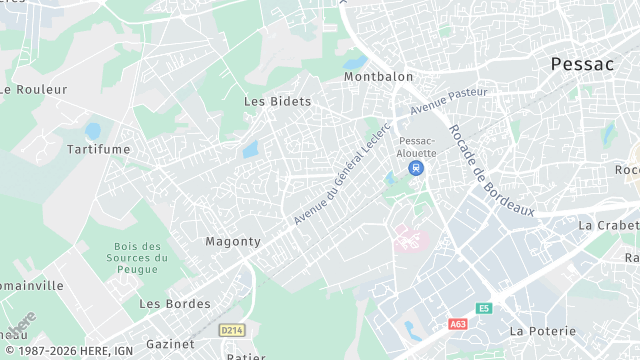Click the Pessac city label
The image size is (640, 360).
click(x=582, y=64)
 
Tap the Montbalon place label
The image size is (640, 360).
click(x=378, y=77)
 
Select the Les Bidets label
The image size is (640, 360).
click(x=278, y=101)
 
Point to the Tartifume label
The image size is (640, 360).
click(x=98, y=149)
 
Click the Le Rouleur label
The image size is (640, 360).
click(x=34, y=89)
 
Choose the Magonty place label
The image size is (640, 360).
click(x=233, y=241)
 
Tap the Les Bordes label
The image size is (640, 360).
click(x=175, y=303)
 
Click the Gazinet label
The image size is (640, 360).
click(x=170, y=343)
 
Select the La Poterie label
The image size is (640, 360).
click(x=543, y=330)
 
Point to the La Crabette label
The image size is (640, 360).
click(x=608, y=225)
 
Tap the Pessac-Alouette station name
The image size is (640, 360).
click(x=418, y=146)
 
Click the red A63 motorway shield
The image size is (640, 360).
click(x=458, y=324)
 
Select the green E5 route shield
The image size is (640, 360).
click(x=484, y=308)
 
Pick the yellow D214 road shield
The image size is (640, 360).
click(x=232, y=329)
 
